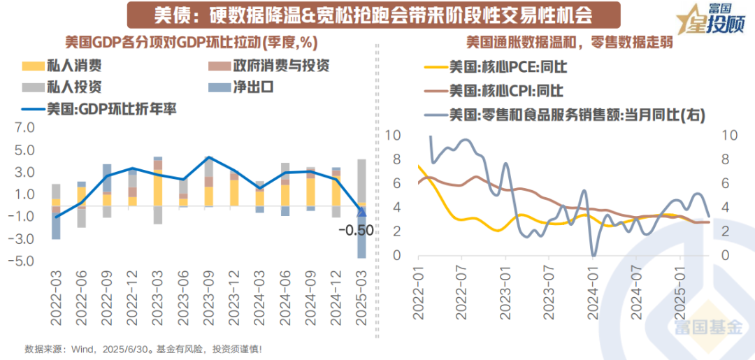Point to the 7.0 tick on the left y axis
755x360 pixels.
(24, 129)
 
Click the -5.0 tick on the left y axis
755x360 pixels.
(23, 261)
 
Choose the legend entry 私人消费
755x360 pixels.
(77, 66)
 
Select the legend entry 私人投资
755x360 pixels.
(77, 87)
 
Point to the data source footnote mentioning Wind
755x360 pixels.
(143, 348)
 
